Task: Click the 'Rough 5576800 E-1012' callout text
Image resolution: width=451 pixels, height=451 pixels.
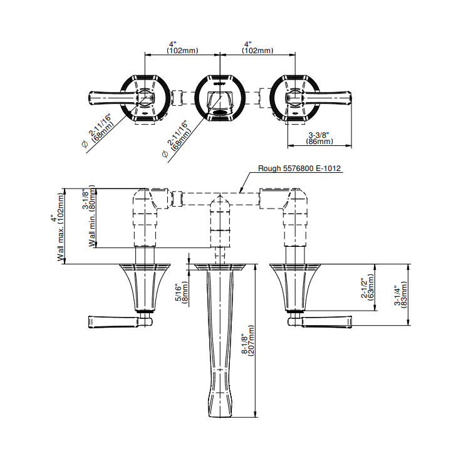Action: [299, 168]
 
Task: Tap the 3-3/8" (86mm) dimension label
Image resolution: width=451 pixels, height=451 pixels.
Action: [319, 138]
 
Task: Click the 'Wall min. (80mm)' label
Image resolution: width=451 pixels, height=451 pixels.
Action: [92, 215]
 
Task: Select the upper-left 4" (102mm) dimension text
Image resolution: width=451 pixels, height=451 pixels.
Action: [182, 48]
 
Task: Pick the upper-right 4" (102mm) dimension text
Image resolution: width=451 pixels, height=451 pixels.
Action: [257, 48]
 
